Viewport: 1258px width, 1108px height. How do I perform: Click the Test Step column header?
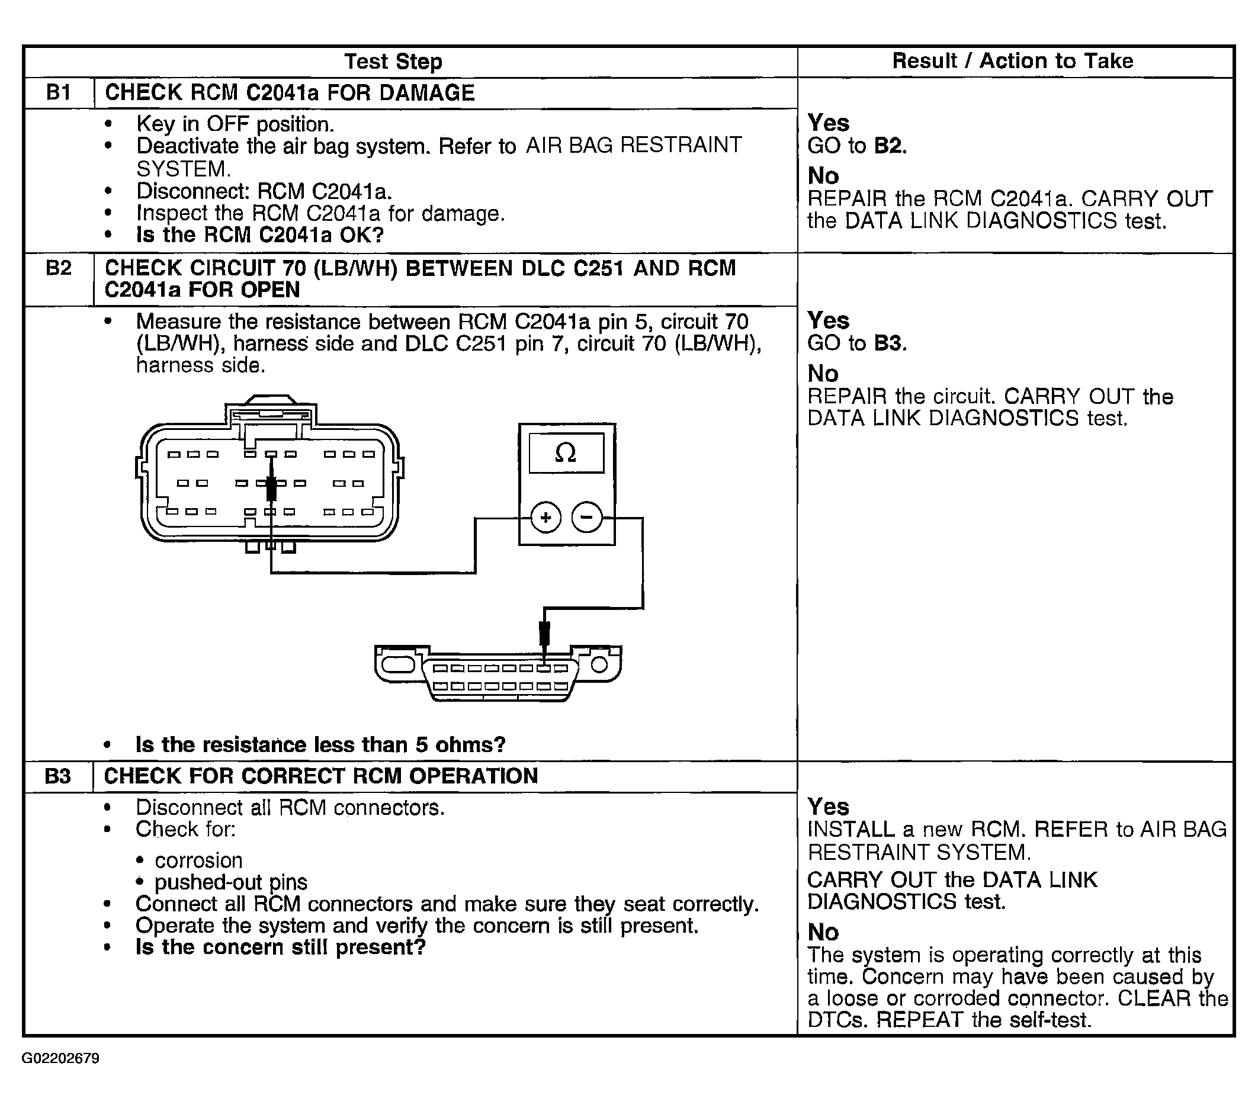pyautogui.click(x=393, y=62)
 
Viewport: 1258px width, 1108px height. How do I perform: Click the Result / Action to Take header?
pyautogui.click(x=1012, y=61)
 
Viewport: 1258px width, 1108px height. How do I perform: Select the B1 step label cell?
pyautogui.click(x=59, y=93)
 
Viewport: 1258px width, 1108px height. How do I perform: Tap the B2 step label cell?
pyautogui.click(x=59, y=269)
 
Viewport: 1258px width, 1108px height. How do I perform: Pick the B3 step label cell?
pyautogui.click(x=58, y=776)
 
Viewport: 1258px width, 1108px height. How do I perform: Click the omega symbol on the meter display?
pyautogui.click(x=566, y=454)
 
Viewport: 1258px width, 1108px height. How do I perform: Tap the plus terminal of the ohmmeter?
pyautogui.click(x=545, y=518)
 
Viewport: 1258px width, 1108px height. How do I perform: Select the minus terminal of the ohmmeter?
pyautogui.click(x=587, y=518)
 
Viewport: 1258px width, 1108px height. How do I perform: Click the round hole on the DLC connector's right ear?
pyautogui.click(x=599, y=664)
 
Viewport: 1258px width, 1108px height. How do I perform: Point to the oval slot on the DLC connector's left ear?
pyautogui.click(x=398, y=664)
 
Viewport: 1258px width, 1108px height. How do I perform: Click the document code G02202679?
pyautogui.click(x=60, y=1059)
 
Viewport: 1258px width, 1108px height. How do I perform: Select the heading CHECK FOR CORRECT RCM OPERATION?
pyautogui.click(x=320, y=776)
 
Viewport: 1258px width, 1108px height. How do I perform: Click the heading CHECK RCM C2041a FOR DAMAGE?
pyautogui.click(x=290, y=93)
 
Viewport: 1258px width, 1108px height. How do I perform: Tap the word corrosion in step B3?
pyautogui.click(x=198, y=860)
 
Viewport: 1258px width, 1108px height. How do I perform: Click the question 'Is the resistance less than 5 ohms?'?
pyautogui.click(x=320, y=744)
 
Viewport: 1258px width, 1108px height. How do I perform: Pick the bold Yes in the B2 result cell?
pyautogui.click(x=828, y=320)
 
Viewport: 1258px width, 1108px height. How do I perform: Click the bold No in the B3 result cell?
pyautogui.click(x=823, y=932)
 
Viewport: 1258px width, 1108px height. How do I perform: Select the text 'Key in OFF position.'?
pyautogui.click(x=235, y=124)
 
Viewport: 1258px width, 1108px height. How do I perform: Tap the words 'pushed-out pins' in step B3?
pyautogui.click(x=231, y=882)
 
